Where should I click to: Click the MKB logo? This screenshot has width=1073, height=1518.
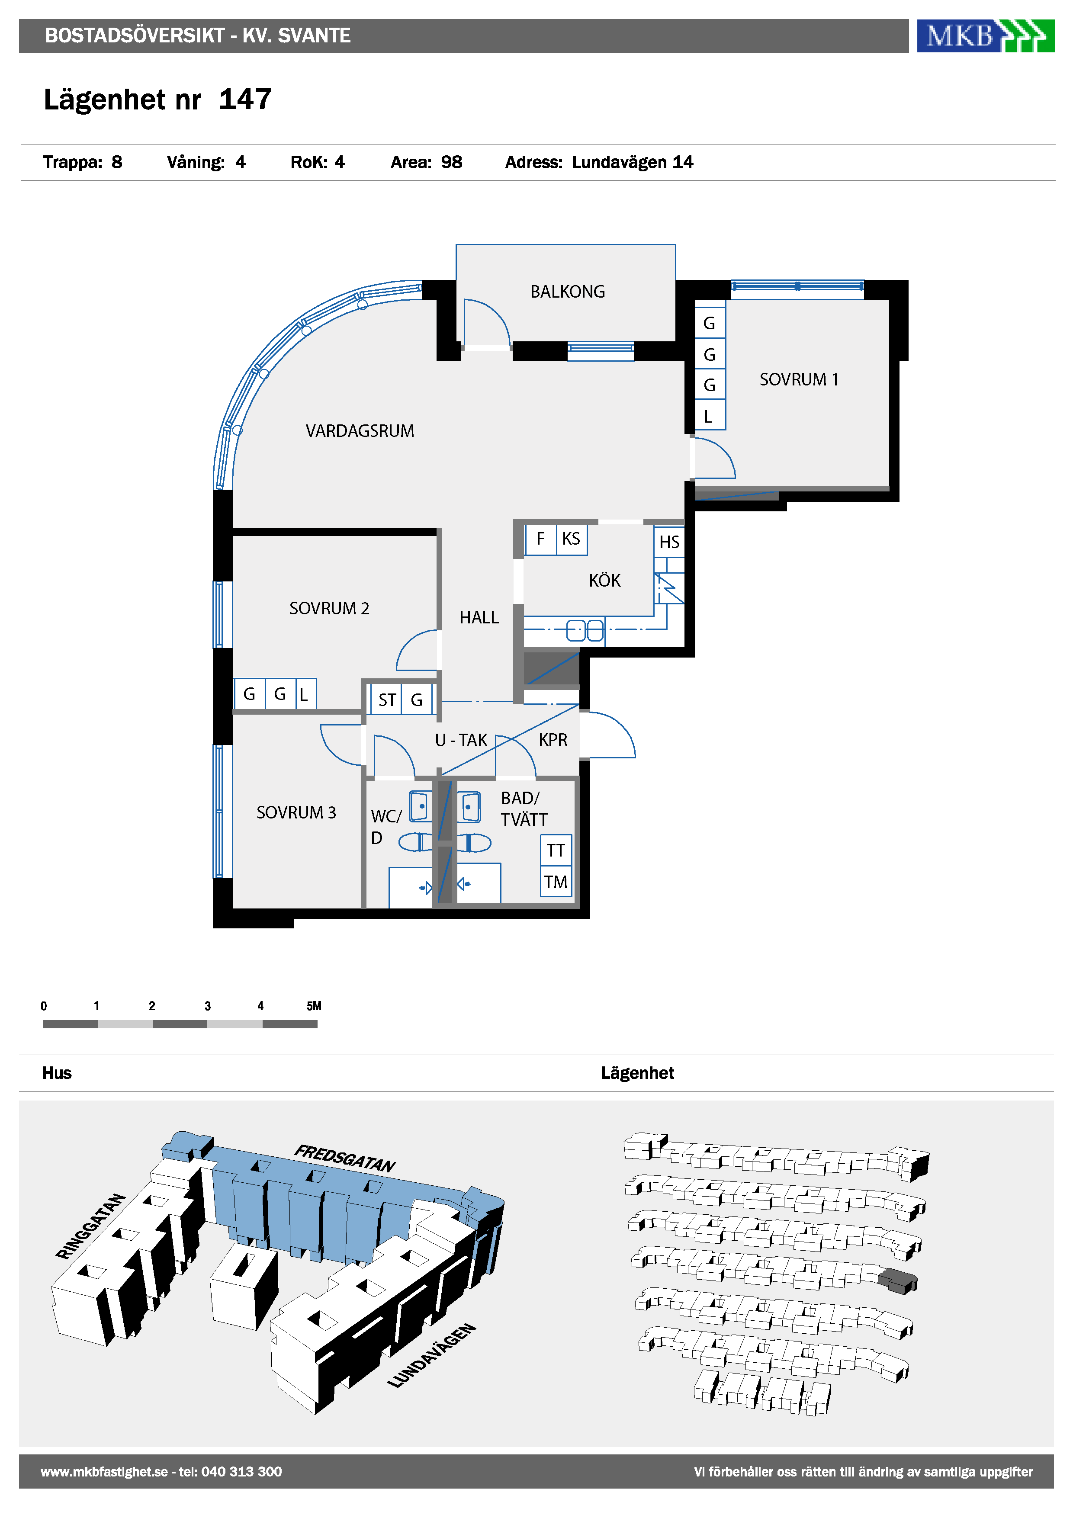point(985,36)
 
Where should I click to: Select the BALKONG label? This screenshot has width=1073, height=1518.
point(567,292)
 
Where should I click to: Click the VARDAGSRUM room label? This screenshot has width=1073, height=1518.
point(360,431)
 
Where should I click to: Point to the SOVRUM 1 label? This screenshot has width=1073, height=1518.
point(799,379)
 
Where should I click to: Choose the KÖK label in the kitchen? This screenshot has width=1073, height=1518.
point(604,581)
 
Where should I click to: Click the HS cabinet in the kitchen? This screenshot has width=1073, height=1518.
point(669,542)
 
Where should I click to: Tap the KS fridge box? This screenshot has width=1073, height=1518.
point(571,539)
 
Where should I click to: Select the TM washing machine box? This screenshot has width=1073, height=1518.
point(556,882)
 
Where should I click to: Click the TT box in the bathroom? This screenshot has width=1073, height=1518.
point(556,850)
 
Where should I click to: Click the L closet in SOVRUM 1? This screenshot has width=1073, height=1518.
point(710,416)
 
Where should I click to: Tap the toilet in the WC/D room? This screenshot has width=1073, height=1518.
point(416,842)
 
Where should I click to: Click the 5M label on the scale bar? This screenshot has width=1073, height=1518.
point(314,1006)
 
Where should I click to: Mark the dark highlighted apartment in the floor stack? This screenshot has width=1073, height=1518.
point(897,1281)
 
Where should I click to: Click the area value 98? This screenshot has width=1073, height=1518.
point(452,163)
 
